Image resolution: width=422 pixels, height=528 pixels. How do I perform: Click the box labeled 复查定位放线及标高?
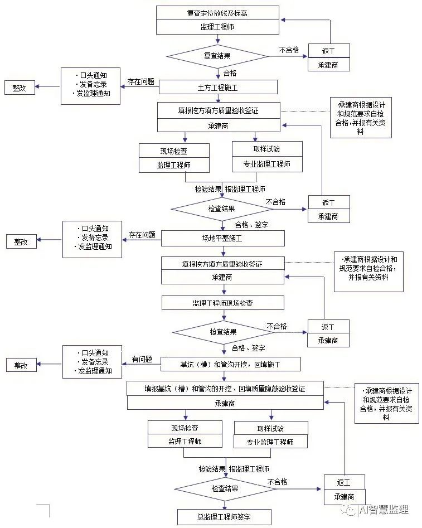coord(217,13)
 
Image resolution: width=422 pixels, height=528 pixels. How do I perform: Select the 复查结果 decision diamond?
coord(217,56)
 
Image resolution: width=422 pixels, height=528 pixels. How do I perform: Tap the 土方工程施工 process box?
coord(218,87)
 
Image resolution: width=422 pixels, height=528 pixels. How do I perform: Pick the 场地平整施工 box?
coord(222,239)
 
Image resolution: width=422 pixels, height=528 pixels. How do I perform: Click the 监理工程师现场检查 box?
coord(222,303)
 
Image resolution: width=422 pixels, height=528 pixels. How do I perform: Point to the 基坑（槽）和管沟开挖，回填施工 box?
coord(231,364)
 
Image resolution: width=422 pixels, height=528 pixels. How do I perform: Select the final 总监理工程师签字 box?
coord(224,517)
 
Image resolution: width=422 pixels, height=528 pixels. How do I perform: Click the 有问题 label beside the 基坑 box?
coord(142,359)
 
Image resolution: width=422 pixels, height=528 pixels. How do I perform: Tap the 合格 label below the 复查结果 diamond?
coord(230,73)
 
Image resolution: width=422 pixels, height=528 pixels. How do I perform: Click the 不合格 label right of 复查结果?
coord(289,50)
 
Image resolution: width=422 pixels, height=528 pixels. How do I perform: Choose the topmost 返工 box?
coord(329,51)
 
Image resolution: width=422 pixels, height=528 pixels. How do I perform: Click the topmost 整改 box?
coord(20,87)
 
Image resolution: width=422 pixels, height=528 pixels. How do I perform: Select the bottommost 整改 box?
coord(21,365)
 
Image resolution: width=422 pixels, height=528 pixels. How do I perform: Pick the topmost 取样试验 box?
coord(267,149)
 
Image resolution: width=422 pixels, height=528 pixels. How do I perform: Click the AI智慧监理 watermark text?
coord(384,510)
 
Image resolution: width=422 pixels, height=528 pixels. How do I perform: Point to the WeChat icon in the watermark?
coord(350,510)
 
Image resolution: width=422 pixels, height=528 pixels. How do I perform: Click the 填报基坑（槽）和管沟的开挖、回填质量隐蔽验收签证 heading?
coord(225,388)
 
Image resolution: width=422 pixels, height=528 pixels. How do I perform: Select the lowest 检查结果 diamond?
coord(225,488)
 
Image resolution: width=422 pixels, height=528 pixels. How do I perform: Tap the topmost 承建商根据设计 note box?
coord(361,118)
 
